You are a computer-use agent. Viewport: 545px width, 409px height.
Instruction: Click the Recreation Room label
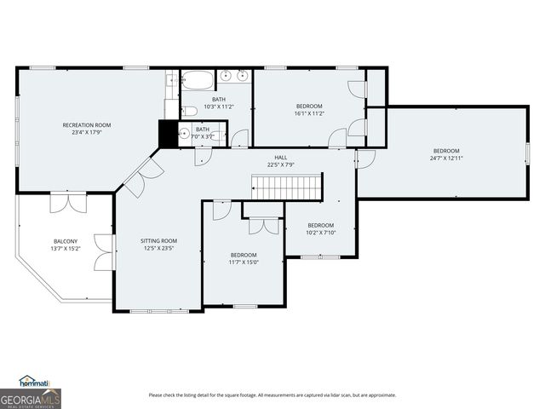[86, 125]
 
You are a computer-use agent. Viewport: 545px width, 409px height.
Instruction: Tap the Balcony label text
[66, 241]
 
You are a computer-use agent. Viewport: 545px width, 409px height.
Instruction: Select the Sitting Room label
[158, 241]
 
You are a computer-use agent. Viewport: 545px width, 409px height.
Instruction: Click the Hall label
[280, 158]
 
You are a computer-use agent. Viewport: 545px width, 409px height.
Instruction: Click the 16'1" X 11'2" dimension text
[308, 112]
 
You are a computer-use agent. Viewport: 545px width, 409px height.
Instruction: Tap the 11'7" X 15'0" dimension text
[244, 262]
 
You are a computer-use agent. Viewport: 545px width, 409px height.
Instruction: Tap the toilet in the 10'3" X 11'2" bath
[192, 109]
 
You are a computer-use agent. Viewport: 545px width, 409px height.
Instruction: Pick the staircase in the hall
[287, 186]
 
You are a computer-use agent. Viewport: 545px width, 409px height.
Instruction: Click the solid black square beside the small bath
[168, 134]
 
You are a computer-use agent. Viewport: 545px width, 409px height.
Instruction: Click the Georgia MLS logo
[31, 398]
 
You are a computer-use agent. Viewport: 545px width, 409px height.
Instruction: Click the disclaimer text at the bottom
[272, 395]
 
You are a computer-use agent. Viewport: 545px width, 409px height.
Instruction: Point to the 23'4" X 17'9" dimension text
[86, 133]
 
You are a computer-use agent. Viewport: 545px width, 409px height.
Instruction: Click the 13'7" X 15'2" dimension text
[66, 249]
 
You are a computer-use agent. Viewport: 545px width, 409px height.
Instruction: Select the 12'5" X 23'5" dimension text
[158, 249]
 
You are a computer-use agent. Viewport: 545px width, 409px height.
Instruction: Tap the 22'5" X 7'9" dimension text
[280, 165]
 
